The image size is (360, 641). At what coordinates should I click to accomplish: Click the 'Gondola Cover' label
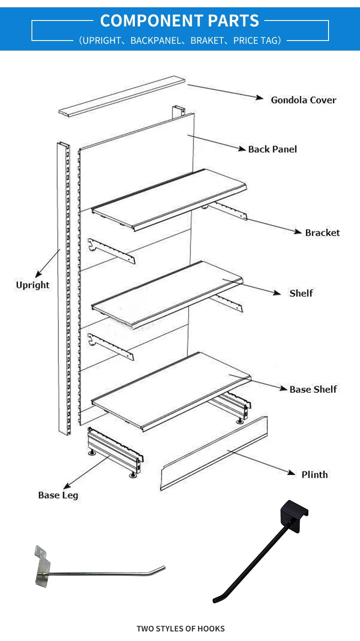point(303,100)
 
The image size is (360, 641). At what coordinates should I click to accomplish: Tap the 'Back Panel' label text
point(272,149)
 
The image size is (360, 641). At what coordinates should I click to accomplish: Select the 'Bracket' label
point(322,233)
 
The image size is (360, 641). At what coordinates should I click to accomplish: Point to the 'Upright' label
point(33,285)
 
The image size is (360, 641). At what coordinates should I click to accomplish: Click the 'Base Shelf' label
point(313,389)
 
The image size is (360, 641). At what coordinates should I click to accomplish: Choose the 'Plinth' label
point(314,474)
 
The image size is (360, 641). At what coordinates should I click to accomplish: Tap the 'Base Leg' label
point(58,495)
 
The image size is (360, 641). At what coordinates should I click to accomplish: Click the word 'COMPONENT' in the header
point(151,21)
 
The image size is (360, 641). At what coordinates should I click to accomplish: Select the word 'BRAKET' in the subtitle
point(207,41)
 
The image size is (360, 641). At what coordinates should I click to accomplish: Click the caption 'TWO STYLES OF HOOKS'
point(180,629)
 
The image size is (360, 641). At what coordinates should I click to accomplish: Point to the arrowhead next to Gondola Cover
point(259,98)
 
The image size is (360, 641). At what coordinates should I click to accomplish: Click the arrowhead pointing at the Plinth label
point(291,472)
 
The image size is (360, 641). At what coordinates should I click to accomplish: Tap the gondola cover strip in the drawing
point(122,96)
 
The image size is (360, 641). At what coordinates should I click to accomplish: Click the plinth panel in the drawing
point(214,453)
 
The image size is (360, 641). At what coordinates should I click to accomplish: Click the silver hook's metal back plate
point(42,566)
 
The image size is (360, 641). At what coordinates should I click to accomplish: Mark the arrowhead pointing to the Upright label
point(38,274)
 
